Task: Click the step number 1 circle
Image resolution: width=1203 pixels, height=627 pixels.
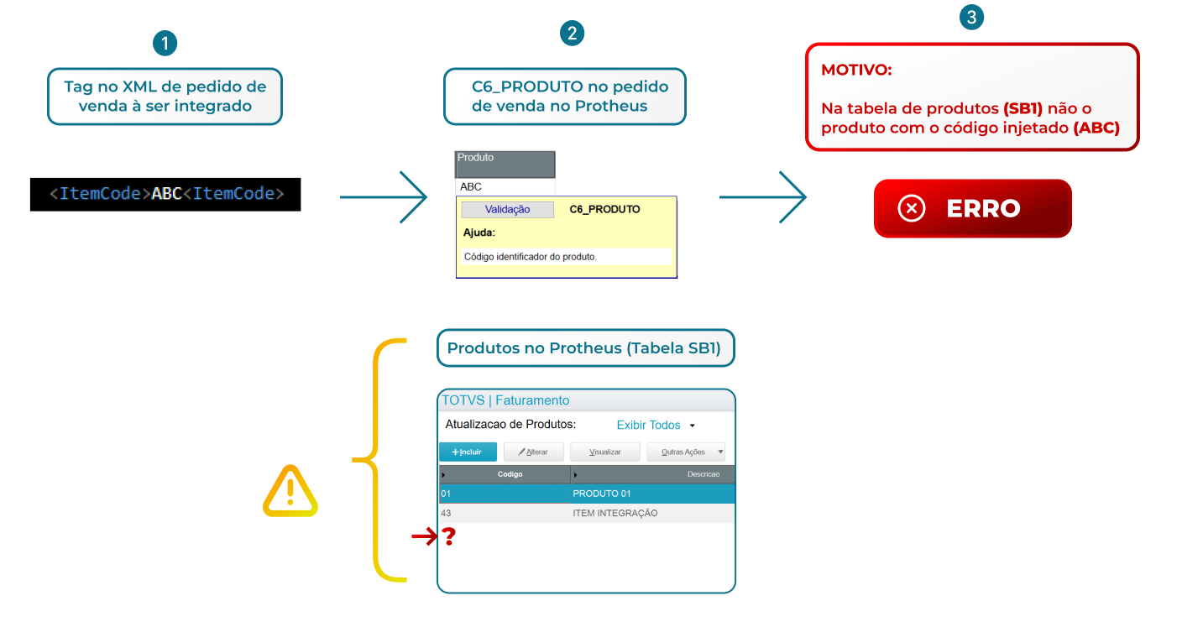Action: [x=165, y=44]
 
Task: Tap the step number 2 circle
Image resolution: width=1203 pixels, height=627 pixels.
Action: [x=572, y=34]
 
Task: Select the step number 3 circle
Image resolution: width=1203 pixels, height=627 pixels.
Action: [x=971, y=18]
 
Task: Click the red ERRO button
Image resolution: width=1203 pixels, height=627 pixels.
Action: [x=972, y=208]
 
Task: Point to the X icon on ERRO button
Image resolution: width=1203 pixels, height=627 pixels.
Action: [x=911, y=208]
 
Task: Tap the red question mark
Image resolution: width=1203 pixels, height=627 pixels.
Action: [x=449, y=537]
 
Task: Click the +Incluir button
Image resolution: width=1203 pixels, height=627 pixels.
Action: [x=468, y=452]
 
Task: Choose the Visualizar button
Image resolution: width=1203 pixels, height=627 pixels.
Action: [x=604, y=452]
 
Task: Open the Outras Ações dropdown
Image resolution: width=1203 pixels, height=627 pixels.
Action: [x=685, y=452]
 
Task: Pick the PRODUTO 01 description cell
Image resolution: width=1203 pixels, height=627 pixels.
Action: [x=601, y=494]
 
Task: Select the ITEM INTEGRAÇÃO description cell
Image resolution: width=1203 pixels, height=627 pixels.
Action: [x=615, y=513]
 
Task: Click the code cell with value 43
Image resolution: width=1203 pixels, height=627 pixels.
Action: [x=446, y=513]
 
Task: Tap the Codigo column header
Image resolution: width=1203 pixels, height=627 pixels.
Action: [x=510, y=474]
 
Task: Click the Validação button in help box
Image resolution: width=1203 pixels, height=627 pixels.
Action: [x=507, y=209]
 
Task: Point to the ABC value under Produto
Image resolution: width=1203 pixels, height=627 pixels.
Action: [x=471, y=186]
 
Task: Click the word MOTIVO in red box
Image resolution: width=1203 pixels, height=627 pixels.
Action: [x=856, y=70]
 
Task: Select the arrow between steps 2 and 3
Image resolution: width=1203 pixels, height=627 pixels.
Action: [x=761, y=197]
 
